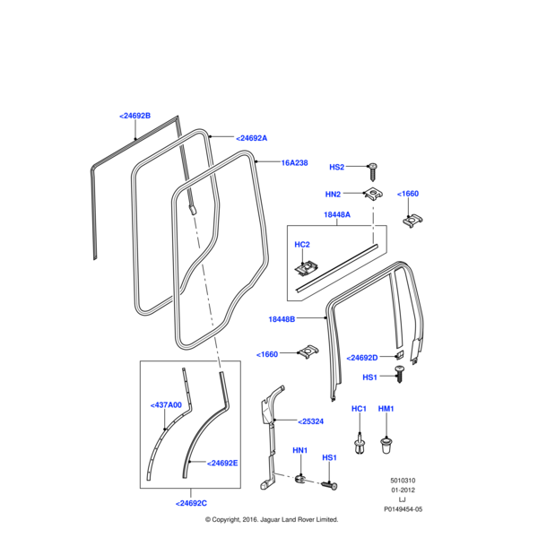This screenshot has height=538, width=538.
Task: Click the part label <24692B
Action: pyautogui.click(x=134, y=116)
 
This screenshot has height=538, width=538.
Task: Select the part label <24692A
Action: pyautogui.click(x=251, y=138)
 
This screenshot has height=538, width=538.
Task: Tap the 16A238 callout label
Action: pyautogui.click(x=294, y=163)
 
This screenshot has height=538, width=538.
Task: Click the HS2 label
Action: pyautogui.click(x=336, y=167)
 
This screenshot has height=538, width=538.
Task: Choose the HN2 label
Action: pyautogui.click(x=333, y=194)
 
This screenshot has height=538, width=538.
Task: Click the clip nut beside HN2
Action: pyautogui.click(x=370, y=195)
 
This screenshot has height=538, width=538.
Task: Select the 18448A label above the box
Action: pyautogui.click(x=336, y=215)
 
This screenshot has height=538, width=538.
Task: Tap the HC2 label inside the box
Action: pyautogui.click(x=302, y=244)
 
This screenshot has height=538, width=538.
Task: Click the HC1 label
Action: pyautogui.click(x=359, y=409)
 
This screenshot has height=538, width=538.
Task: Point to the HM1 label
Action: pyautogui.click(x=386, y=409)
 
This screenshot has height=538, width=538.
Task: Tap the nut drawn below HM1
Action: pyautogui.click(x=387, y=443)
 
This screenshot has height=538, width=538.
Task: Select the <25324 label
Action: pyautogui.click(x=310, y=421)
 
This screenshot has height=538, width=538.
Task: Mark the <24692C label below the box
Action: pyautogui.click(x=192, y=503)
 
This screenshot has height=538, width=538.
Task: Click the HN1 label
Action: pyautogui.click(x=299, y=450)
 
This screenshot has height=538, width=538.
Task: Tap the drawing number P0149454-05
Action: pyautogui.click(x=403, y=508)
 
